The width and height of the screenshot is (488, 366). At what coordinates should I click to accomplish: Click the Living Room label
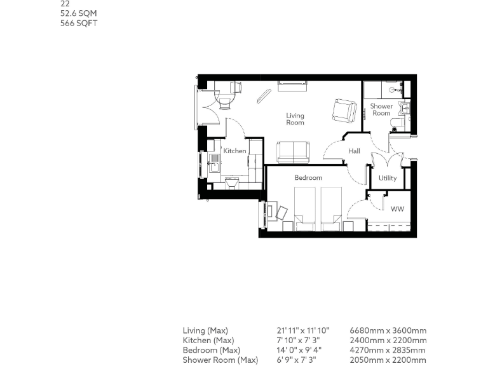click(295, 119)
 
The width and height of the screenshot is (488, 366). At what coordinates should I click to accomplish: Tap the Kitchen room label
click(234, 151)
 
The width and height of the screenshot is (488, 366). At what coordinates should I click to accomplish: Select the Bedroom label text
click(308, 178)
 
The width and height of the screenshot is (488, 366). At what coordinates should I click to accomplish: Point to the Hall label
click(354, 151)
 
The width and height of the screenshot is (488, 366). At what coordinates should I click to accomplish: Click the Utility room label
click(388, 178)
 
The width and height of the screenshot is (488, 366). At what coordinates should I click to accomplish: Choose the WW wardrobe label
click(397, 209)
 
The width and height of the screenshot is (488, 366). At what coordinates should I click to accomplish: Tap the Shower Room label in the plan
click(381, 110)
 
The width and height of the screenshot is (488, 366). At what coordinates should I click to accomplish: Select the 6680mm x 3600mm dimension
click(388, 330)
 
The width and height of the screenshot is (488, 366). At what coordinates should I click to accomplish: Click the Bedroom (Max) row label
click(211, 350)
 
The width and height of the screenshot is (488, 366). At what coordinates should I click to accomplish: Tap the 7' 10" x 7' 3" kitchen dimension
click(298, 341)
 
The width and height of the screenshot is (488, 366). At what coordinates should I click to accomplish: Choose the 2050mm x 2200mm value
click(388, 360)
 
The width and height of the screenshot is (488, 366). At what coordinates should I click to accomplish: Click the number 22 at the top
click(65, 4)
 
